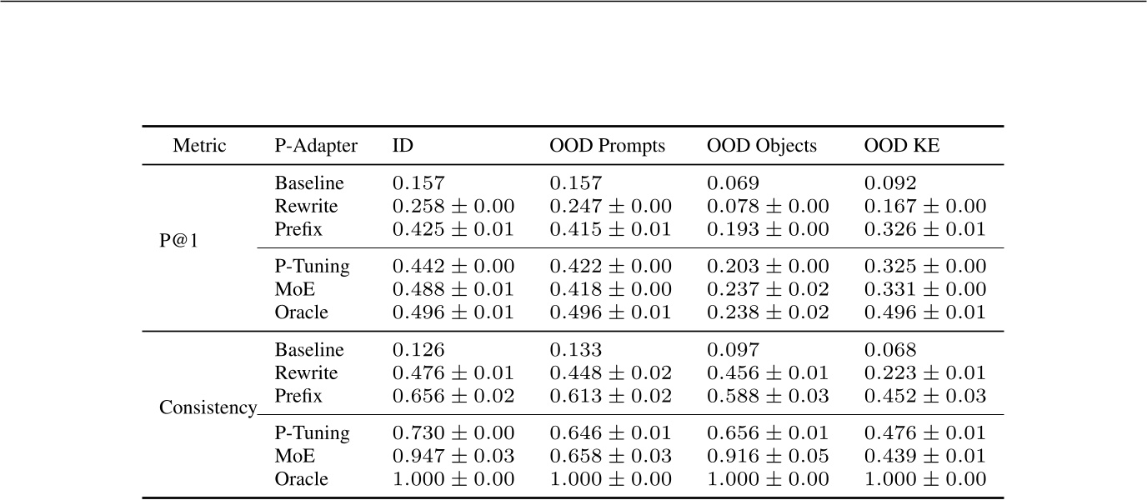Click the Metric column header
[x=199, y=146]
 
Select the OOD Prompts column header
[x=607, y=146]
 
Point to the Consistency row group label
[x=208, y=408]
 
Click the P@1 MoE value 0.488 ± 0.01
[x=453, y=290]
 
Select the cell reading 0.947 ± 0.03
[x=453, y=457]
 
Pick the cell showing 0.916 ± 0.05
[x=768, y=457]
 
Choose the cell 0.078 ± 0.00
[x=768, y=207]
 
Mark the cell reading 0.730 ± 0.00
[x=453, y=433]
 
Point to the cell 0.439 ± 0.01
[x=925, y=457]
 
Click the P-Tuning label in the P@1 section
[x=312, y=267]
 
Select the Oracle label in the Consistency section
[x=301, y=479]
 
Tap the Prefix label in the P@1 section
[x=298, y=229]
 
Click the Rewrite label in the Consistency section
[x=306, y=372]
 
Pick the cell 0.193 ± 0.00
[x=768, y=229]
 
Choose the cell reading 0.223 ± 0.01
[x=925, y=372]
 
